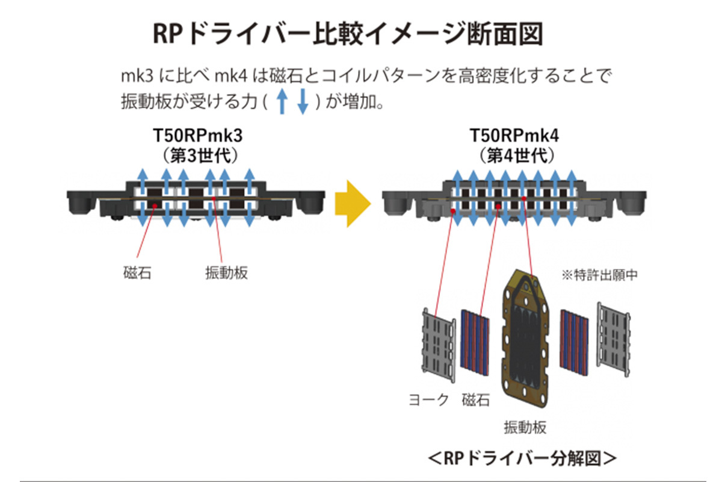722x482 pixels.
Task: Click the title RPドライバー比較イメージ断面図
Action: point(348,34)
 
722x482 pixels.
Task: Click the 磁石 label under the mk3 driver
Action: point(134,272)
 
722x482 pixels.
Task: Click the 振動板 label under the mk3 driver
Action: point(226,272)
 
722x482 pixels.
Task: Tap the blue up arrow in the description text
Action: point(281,102)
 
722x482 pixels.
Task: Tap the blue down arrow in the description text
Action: point(303,102)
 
